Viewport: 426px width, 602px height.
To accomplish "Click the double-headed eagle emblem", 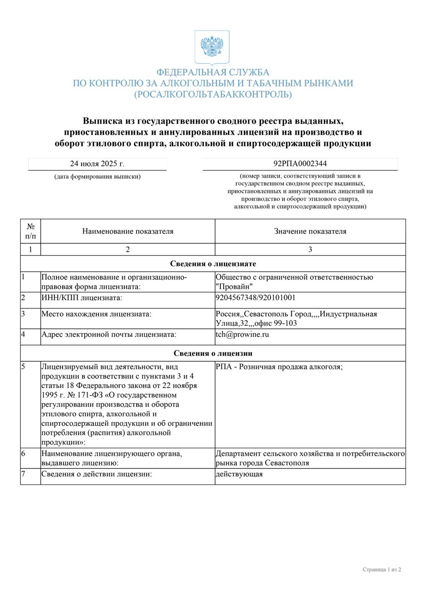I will tap(212, 47).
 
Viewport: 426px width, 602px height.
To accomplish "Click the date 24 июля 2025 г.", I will tap(97, 164).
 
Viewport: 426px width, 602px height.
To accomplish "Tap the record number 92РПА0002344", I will tap(300, 164).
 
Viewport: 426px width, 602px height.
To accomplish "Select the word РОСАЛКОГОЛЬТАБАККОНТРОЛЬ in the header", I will tap(213, 95).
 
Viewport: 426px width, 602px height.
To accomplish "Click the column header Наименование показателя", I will tap(128, 231).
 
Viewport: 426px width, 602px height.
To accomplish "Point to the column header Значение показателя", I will tap(310, 231).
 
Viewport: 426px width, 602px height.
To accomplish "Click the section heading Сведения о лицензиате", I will tap(213, 264).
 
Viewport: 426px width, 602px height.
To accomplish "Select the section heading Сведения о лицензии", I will tap(213, 353).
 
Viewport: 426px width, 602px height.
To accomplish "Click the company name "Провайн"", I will tap(234, 286).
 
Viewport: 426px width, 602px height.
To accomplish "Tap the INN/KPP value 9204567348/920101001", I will tap(256, 298).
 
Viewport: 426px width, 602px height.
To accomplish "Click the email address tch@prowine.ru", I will tap(242, 335).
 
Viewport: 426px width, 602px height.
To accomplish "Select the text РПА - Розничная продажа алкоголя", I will tap(279, 366).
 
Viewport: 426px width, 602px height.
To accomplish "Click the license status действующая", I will tap(239, 474).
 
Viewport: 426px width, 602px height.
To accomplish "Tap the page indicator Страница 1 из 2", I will tap(382, 570).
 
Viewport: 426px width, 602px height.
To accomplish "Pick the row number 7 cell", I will tap(30, 476).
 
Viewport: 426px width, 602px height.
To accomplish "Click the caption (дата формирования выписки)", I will tap(97, 177).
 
